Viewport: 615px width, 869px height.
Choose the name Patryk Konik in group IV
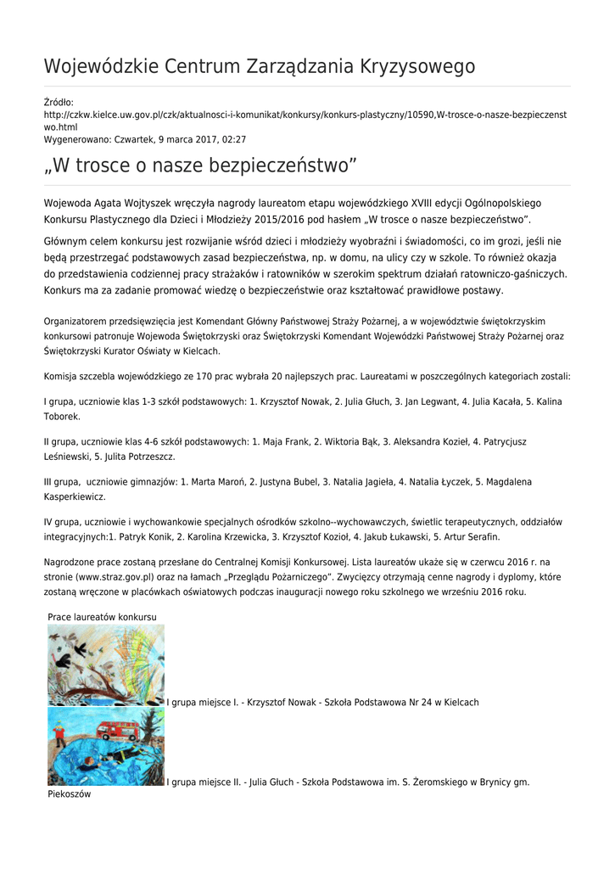click(x=143, y=537)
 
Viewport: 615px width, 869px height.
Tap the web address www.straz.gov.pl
click(x=118, y=577)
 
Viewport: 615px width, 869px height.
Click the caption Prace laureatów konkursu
click(x=102, y=616)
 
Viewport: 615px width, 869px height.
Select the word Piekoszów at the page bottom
click(x=69, y=795)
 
